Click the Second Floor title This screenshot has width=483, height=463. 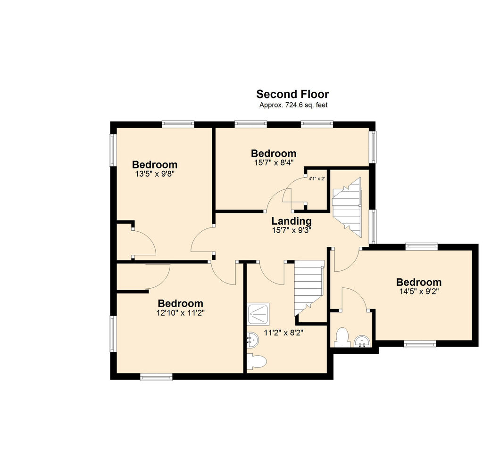[x=292, y=94]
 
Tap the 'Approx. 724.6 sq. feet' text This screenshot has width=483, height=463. [x=293, y=105]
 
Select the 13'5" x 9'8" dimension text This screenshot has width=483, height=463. [x=155, y=174]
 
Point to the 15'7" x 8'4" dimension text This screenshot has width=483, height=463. [x=274, y=162]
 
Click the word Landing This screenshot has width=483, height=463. [x=291, y=221]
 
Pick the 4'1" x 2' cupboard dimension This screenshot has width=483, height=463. [x=316, y=179]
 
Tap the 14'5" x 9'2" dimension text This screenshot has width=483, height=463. [x=419, y=292]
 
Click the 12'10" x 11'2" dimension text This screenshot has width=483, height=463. [x=181, y=313]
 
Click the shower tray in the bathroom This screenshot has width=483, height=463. [x=259, y=314]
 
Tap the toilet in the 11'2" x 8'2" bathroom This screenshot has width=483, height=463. [x=256, y=362]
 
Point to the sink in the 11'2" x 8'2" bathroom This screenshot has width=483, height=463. [x=253, y=340]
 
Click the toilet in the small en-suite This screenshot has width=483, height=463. [x=342, y=338]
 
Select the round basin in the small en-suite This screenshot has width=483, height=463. [x=361, y=342]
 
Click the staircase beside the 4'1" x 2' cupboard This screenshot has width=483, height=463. [x=347, y=207]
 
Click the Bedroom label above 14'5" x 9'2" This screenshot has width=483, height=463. [x=419, y=282]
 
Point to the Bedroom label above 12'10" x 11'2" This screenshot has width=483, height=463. [x=181, y=304]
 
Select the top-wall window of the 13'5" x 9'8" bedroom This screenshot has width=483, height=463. [x=178, y=124]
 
